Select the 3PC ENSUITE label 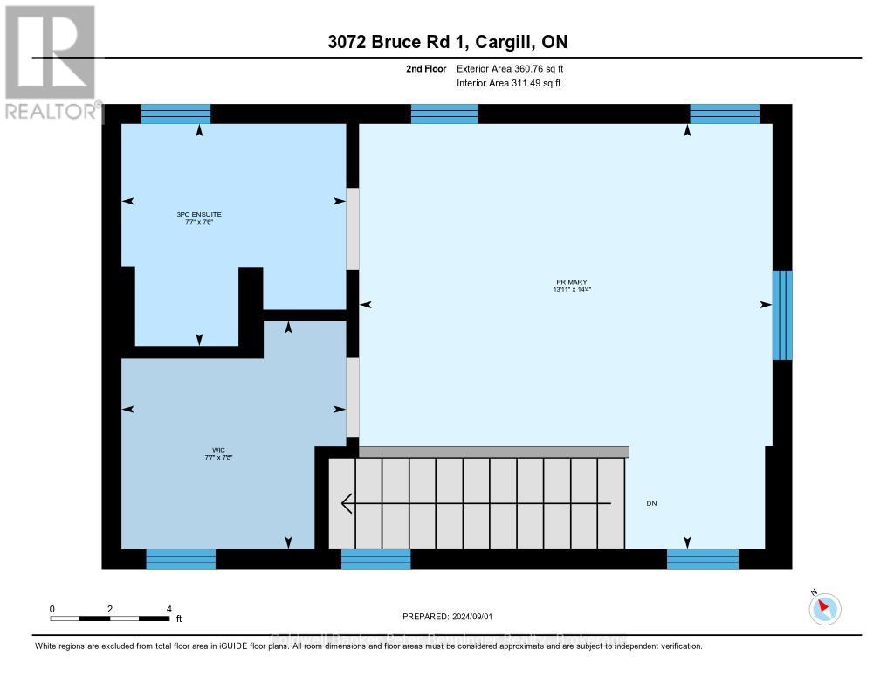tap(194, 218)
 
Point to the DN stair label tap(651, 503)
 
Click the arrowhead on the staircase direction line tap(347, 503)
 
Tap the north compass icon tap(824, 608)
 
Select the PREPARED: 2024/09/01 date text tap(447, 616)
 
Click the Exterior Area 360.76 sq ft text tap(516, 68)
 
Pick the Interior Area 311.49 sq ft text tap(509, 83)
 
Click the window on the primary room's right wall tap(782, 315)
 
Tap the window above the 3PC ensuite tap(175, 114)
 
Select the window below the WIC tap(181, 559)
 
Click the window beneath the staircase tap(375, 559)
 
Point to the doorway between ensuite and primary tap(353, 229)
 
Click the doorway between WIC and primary tap(353, 397)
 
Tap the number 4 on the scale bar tap(168, 609)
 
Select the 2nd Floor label tap(426, 68)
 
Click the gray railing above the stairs tap(493, 452)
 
